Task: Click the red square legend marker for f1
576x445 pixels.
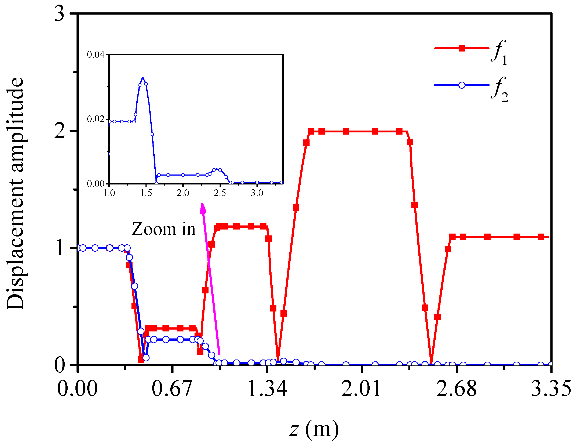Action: click(x=462, y=49)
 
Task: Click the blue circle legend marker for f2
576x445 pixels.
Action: click(x=462, y=85)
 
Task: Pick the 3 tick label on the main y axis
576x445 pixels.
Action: click(x=60, y=13)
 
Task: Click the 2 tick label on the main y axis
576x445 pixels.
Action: click(x=60, y=131)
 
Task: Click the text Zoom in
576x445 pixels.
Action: click(x=164, y=229)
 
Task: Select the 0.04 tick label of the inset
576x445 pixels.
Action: click(x=95, y=55)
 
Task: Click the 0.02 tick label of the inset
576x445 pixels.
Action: click(x=95, y=119)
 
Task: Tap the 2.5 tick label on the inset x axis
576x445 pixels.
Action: click(x=220, y=193)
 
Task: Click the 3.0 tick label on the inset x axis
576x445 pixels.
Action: click(x=257, y=193)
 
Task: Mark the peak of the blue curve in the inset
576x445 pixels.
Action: click(x=143, y=78)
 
